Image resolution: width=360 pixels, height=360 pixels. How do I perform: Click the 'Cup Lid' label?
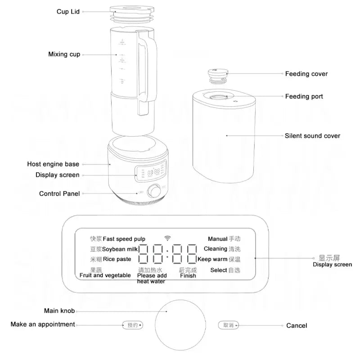[x=68, y=12]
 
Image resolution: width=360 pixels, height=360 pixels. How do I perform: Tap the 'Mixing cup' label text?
[x=64, y=54]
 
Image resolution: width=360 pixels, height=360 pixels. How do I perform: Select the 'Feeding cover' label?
[x=306, y=74]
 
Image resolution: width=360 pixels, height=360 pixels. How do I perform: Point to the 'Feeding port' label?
[x=304, y=96]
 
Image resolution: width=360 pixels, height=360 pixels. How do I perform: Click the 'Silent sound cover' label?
[x=312, y=136]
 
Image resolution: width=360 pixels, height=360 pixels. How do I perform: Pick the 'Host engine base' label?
[x=53, y=164]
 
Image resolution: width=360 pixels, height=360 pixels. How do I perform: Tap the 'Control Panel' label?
[x=59, y=193]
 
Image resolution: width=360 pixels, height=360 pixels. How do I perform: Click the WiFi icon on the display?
[x=168, y=238]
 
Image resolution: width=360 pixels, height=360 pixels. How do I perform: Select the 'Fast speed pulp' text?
[x=124, y=239]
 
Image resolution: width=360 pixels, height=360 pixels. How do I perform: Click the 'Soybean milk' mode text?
[x=119, y=249]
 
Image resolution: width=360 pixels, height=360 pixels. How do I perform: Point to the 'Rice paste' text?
[x=117, y=259]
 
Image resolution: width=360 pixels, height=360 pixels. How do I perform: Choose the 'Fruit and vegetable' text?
[x=105, y=275]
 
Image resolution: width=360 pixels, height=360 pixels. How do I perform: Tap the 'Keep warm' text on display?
[x=212, y=259]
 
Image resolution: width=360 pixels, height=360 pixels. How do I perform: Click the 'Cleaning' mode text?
[x=215, y=249]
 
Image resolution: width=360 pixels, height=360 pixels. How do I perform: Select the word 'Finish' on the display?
[x=188, y=276]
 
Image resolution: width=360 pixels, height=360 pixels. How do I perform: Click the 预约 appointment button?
[x=132, y=325]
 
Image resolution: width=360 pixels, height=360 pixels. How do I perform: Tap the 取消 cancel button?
[x=228, y=325]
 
